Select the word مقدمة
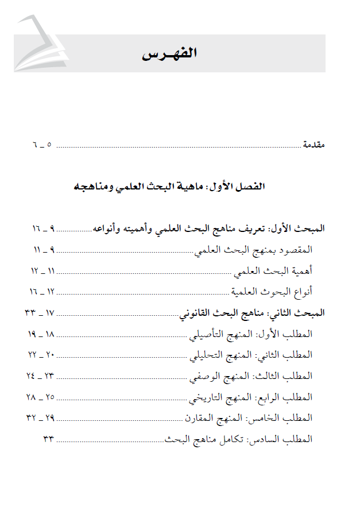pos(313,145)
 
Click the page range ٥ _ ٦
pos(42,145)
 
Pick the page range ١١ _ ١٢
pos(42,270)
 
